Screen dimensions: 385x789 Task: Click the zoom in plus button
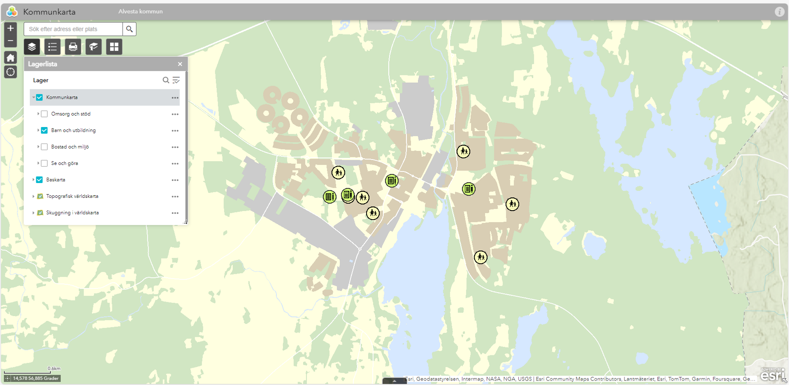click(11, 28)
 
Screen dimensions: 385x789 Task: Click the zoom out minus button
click(11, 41)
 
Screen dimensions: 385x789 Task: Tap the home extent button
click(11, 58)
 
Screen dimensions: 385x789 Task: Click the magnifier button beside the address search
click(129, 29)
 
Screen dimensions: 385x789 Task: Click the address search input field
click(73, 29)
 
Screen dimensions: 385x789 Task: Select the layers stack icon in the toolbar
click(32, 47)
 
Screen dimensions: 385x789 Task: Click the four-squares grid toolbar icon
click(114, 47)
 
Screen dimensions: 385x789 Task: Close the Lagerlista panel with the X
click(180, 64)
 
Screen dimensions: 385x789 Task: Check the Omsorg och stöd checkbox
click(44, 114)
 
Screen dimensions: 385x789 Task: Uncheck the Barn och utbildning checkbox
click(44, 130)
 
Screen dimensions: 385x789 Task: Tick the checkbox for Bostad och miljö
click(44, 147)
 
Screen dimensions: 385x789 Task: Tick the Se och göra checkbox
click(44, 163)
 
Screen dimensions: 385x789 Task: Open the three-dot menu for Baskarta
click(175, 180)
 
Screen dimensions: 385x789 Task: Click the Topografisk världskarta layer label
click(72, 196)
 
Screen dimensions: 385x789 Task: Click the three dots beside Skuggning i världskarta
click(175, 213)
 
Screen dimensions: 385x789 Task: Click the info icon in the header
click(779, 12)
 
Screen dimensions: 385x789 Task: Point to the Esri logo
click(772, 375)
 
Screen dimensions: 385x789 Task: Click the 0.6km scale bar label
click(54, 369)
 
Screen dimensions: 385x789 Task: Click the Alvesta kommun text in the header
click(140, 12)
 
